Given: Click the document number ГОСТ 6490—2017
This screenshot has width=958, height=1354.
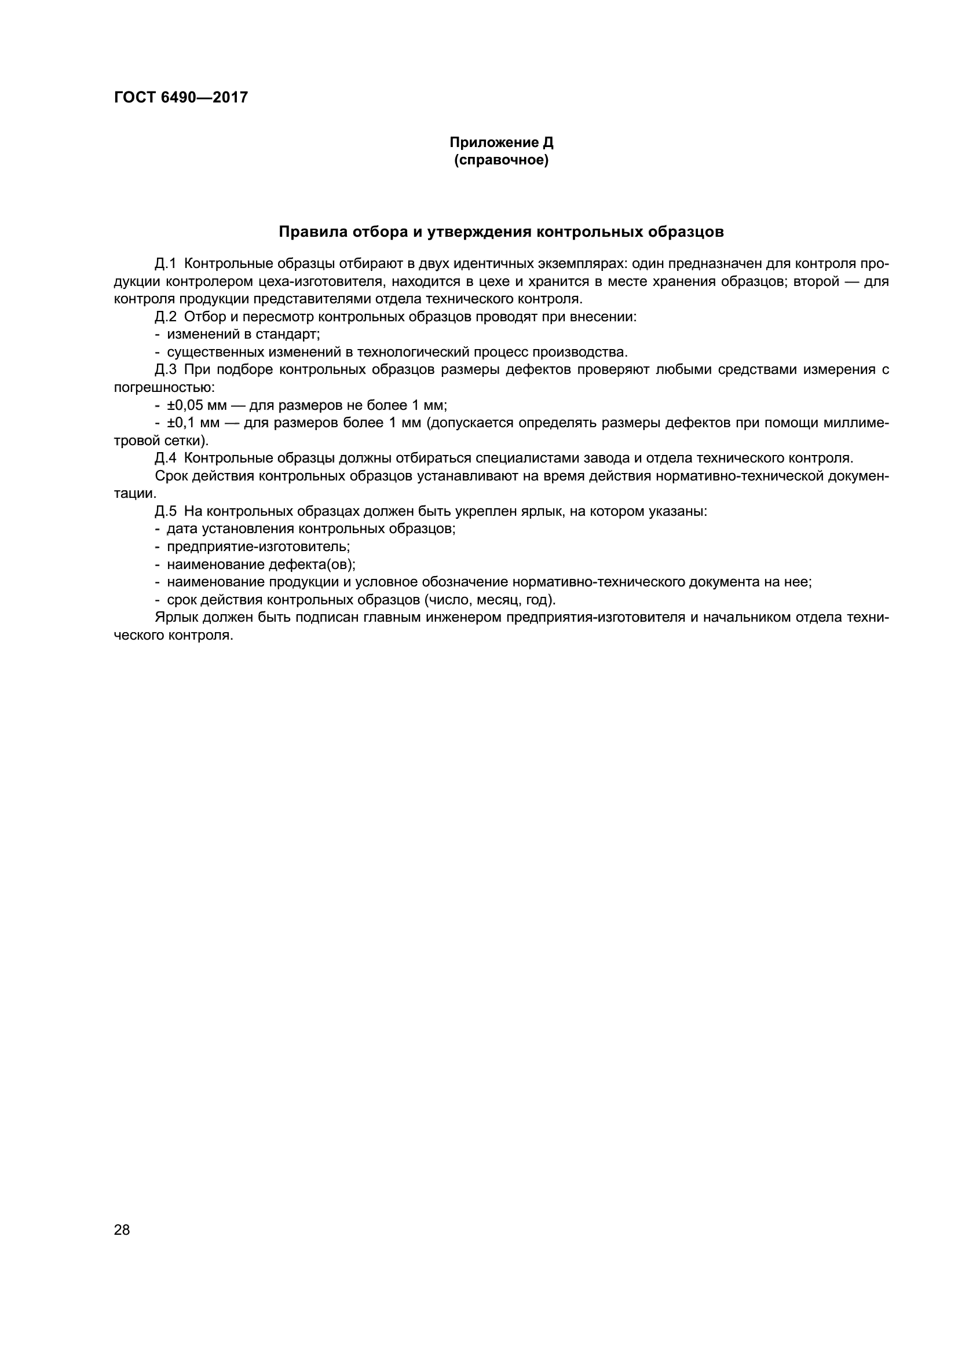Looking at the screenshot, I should (x=181, y=97).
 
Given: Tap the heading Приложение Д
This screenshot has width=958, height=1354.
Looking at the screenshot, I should (x=502, y=143).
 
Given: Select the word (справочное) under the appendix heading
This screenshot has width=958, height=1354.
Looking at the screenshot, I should (x=502, y=160).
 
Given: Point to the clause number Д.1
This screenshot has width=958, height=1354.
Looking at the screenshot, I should (x=166, y=263).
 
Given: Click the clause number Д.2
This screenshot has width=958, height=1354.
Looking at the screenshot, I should (x=166, y=317).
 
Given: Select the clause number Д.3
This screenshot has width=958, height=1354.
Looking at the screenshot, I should (x=166, y=370).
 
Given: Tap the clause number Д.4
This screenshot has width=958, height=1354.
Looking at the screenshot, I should (x=166, y=458).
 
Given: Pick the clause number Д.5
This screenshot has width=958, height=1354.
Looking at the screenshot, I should (x=166, y=511).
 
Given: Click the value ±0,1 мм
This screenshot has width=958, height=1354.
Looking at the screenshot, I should (x=193, y=423).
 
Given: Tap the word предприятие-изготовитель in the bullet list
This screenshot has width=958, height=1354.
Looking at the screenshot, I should (x=258, y=546).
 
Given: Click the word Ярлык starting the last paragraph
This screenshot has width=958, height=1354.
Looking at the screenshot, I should (x=173, y=618).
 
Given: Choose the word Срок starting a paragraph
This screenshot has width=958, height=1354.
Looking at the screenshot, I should (x=170, y=476).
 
